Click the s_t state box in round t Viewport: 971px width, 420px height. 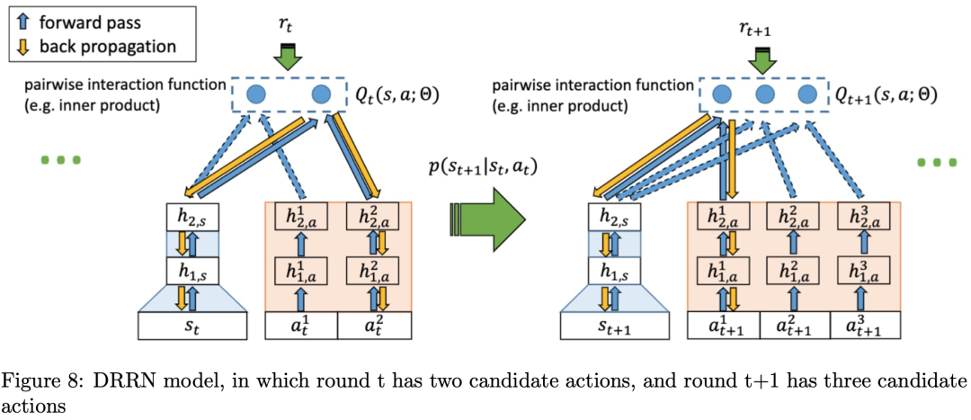coord(192,326)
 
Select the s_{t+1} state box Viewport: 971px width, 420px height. coord(615,325)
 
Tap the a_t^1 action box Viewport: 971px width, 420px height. coord(300,326)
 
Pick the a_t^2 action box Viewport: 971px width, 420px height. coord(373,326)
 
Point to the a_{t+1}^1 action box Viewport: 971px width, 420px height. coord(723,325)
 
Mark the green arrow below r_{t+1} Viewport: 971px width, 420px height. coord(764,59)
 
